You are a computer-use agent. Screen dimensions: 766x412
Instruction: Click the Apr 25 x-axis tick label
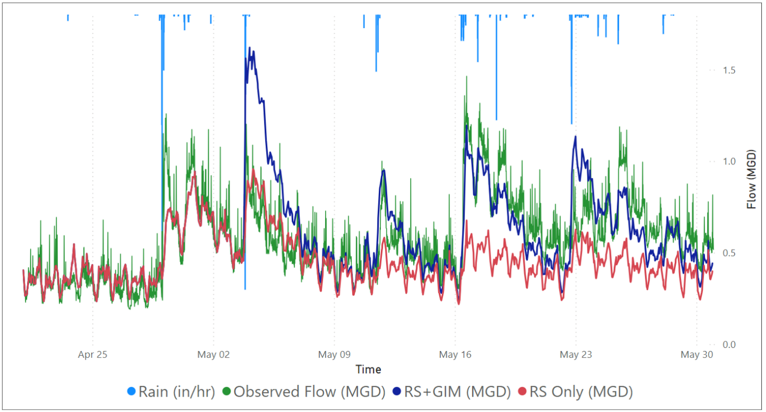click(92, 354)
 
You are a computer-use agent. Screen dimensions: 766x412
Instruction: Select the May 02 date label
click(214, 354)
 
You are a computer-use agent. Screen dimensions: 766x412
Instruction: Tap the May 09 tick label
click(334, 354)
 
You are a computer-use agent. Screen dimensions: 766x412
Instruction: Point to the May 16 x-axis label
click(455, 354)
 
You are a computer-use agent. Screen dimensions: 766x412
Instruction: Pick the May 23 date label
click(576, 354)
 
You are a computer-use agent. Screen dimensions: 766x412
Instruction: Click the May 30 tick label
click(697, 354)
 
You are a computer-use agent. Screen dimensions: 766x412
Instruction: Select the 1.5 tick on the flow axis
click(729, 70)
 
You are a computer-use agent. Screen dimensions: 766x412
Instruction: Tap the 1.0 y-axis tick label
click(729, 161)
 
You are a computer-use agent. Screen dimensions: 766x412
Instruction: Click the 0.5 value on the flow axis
click(729, 253)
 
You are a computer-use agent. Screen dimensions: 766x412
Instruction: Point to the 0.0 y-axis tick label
click(729, 344)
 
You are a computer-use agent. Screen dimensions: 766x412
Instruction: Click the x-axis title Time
click(368, 370)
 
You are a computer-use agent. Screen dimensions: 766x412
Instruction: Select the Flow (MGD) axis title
click(751, 179)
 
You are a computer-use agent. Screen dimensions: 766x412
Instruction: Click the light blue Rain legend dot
click(131, 391)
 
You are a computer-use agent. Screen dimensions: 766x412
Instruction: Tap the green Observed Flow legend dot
click(226, 391)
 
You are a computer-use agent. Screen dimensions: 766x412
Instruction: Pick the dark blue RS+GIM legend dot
click(397, 391)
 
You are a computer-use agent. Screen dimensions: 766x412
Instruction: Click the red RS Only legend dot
click(522, 391)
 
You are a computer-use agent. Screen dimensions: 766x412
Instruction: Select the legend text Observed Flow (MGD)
click(310, 392)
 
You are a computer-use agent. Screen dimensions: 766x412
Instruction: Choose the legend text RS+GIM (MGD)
click(457, 392)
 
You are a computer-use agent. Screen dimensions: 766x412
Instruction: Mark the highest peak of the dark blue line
click(250, 48)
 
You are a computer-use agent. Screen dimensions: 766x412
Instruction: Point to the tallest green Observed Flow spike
click(466, 76)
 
